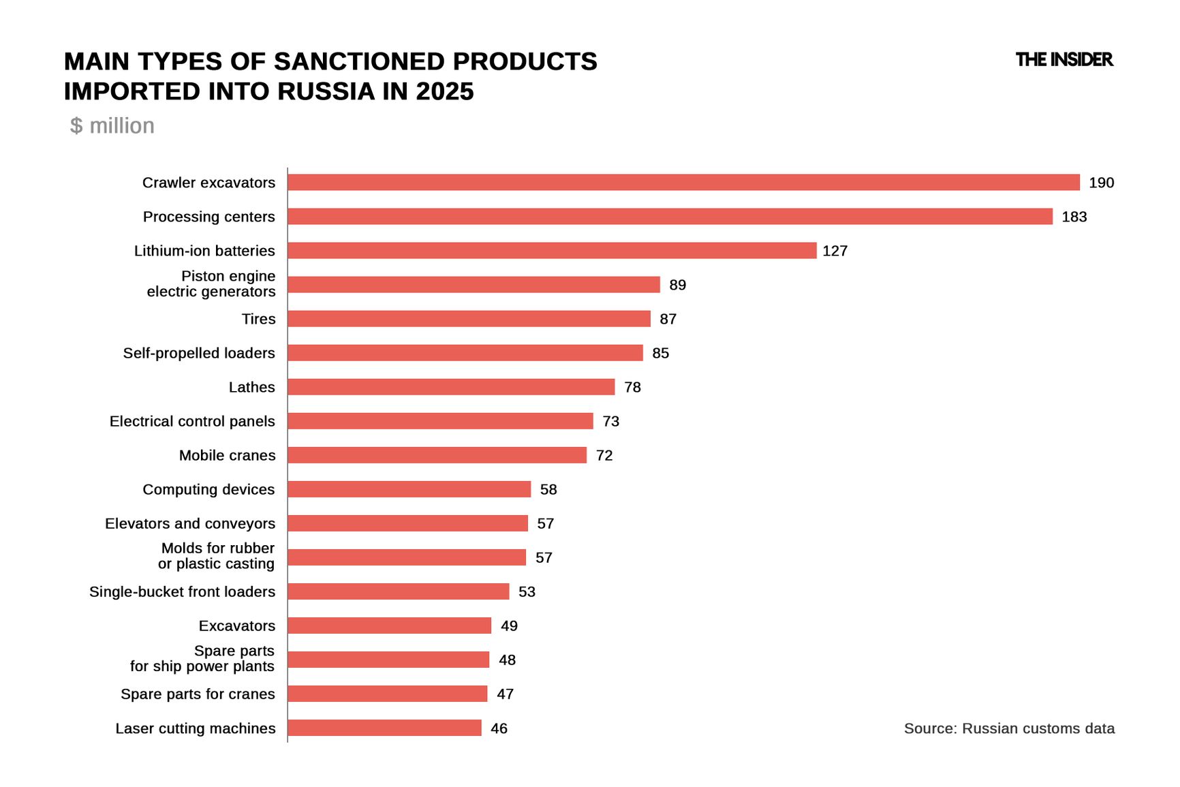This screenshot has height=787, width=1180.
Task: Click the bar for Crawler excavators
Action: point(683,183)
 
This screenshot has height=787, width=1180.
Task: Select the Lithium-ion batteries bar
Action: point(552,251)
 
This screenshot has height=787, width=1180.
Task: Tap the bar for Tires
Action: point(469,319)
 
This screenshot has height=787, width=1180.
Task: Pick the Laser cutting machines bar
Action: point(384,728)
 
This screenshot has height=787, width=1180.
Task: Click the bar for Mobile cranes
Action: point(437,455)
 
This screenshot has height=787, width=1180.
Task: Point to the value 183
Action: point(1074,217)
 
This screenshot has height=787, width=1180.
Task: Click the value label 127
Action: point(835,251)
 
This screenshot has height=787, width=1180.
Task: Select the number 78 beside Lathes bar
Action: point(632,387)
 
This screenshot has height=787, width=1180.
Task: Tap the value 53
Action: point(527,591)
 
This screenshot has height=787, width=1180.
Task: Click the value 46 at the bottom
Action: point(499,728)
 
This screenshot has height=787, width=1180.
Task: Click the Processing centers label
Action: point(208,217)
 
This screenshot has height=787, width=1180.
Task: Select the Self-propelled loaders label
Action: point(199,353)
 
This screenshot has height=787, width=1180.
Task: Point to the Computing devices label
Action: point(208,489)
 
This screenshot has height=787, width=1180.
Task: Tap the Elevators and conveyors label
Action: point(190,523)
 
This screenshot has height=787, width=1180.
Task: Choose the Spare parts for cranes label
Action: point(198,694)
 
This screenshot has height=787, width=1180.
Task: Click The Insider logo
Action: point(1063,60)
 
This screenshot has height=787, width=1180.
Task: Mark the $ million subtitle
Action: point(112,126)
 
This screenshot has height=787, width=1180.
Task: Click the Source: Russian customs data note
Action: point(1009,728)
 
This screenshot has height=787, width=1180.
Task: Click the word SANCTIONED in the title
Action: point(359,61)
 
